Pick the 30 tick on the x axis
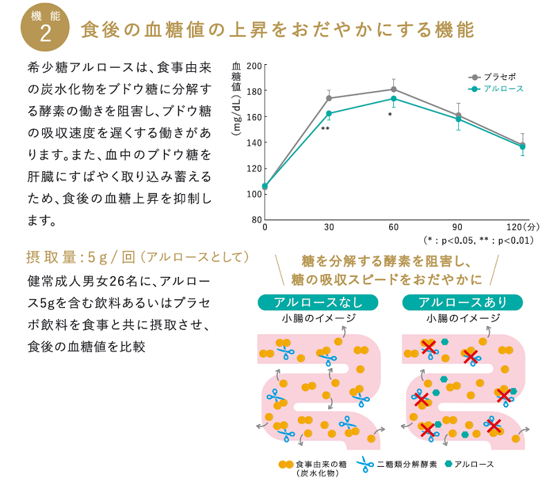coord(329,227)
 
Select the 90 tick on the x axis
coord(458,227)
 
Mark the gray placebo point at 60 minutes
coord(393,89)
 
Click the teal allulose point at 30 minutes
coord(329,113)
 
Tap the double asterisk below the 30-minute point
coord(325,129)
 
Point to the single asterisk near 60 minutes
coord(390,115)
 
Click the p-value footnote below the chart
coord(478,240)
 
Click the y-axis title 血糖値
coord(236,77)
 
